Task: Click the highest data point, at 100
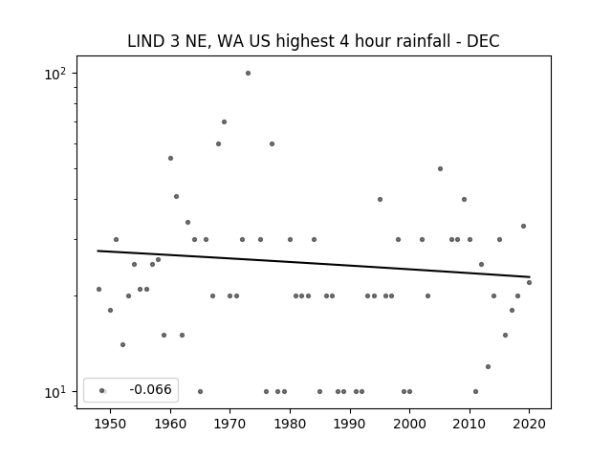point(248,73)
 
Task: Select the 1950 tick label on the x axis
point(111,424)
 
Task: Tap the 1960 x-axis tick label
point(170,424)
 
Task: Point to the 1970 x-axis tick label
point(230,424)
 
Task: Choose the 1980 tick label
point(290,424)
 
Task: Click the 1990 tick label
point(350,424)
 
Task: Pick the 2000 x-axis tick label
point(410,424)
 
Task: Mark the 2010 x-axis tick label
point(470,424)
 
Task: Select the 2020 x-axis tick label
point(529,424)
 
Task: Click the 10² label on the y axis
point(55,74)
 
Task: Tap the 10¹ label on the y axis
point(55,392)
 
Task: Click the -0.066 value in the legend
point(150,389)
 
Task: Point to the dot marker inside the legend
point(102,390)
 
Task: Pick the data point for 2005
point(440,168)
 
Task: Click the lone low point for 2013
point(488,366)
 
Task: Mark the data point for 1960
point(170,158)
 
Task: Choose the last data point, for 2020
point(529,282)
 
